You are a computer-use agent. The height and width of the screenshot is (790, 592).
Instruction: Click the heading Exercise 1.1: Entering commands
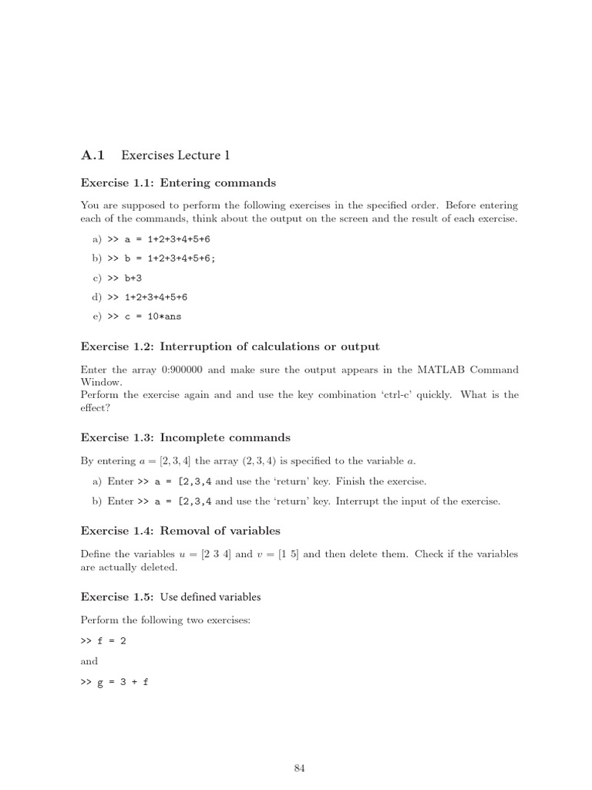point(178,183)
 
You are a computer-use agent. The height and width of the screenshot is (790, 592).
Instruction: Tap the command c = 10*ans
point(152,316)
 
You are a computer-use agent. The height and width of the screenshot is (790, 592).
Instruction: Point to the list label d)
point(97,296)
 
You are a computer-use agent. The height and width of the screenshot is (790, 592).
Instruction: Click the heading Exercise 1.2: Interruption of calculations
point(230,346)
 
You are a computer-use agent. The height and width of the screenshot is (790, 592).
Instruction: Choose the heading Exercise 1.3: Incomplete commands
point(185,437)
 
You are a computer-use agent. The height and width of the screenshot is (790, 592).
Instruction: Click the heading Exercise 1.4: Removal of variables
point(180,530)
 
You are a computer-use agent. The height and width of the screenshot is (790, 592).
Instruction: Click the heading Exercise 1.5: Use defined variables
point(170,596)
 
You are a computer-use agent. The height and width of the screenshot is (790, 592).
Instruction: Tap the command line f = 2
point(113,640)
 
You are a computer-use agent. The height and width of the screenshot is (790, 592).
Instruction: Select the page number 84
point(300,768)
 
